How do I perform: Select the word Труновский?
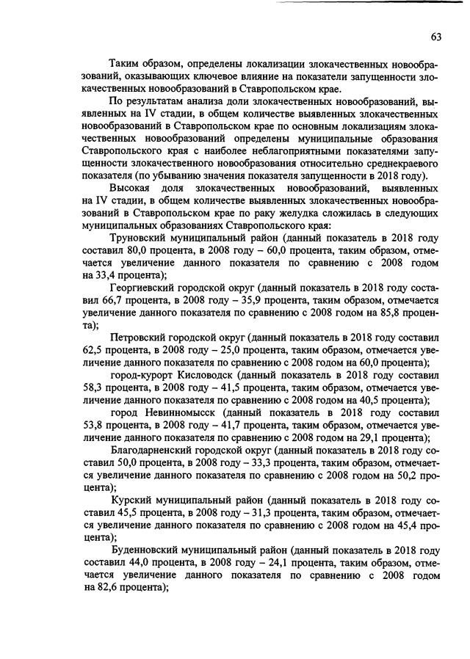140,239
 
